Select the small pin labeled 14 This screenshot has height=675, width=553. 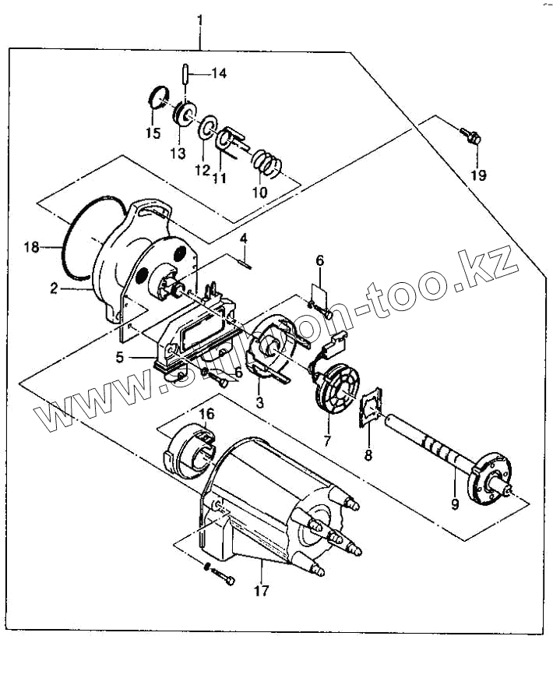pos(187,75)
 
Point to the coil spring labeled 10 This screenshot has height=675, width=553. pos(269,164)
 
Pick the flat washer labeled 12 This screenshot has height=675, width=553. pos(207,129)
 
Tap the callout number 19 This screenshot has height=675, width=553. pos(478,175)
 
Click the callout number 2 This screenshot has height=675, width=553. pos(54,288)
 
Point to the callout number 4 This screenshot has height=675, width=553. pos(243,237)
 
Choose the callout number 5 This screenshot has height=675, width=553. pos(120,359)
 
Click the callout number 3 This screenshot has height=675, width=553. pos(259,402)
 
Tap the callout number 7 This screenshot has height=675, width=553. pos(327,440)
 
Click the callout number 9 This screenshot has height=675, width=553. pos(455,504)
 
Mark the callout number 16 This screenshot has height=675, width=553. pos(206,412)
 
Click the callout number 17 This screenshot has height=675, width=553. pos(261,591)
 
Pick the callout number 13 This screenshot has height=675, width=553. pos(178,154)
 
